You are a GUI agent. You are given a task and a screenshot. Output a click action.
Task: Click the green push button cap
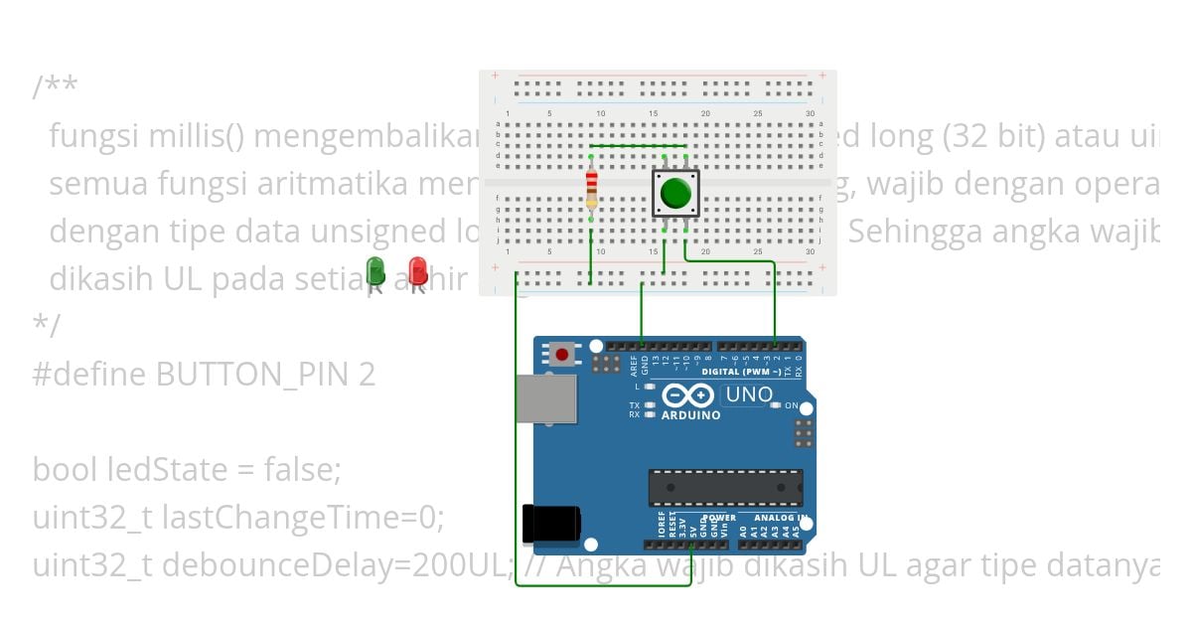click(x=675, y=193)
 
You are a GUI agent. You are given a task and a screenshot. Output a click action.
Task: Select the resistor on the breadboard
click(x=592, y=189)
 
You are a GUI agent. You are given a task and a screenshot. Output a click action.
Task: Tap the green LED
click(x=375, y=270)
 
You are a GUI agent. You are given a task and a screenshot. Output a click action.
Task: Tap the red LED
click(x=418, y=270)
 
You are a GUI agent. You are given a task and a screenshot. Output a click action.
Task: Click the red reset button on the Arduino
click(x=563, y=355)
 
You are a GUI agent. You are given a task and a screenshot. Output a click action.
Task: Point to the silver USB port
click(x=543, y=397)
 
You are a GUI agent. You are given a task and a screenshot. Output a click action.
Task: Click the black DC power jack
click(x=549, y=523)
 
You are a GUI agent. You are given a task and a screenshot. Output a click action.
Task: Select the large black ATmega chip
click(x=725, y=487)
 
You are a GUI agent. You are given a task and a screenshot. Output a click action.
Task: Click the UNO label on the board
click(x=749, y=394)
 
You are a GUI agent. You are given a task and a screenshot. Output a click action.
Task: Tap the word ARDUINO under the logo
click(x=690, y=415)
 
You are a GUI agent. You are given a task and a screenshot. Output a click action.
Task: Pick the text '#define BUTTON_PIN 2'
click(x=204, y=375)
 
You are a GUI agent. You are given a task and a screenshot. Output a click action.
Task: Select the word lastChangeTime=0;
click(x=303, y=517)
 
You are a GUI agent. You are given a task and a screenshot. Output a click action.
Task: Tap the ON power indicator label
click(x=792, y=405)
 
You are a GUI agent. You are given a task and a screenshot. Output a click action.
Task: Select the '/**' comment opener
click(x=55, y=87)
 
